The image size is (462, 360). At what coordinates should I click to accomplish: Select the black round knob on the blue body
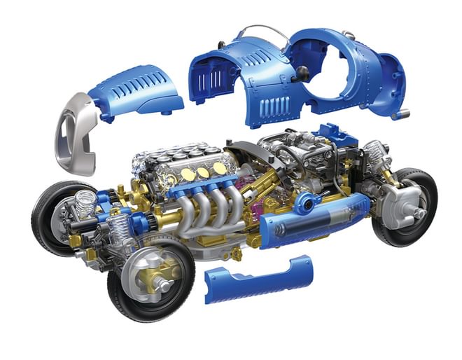click(x=302, y=71)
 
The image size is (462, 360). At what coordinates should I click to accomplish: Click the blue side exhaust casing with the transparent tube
click(x=315, y=221)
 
